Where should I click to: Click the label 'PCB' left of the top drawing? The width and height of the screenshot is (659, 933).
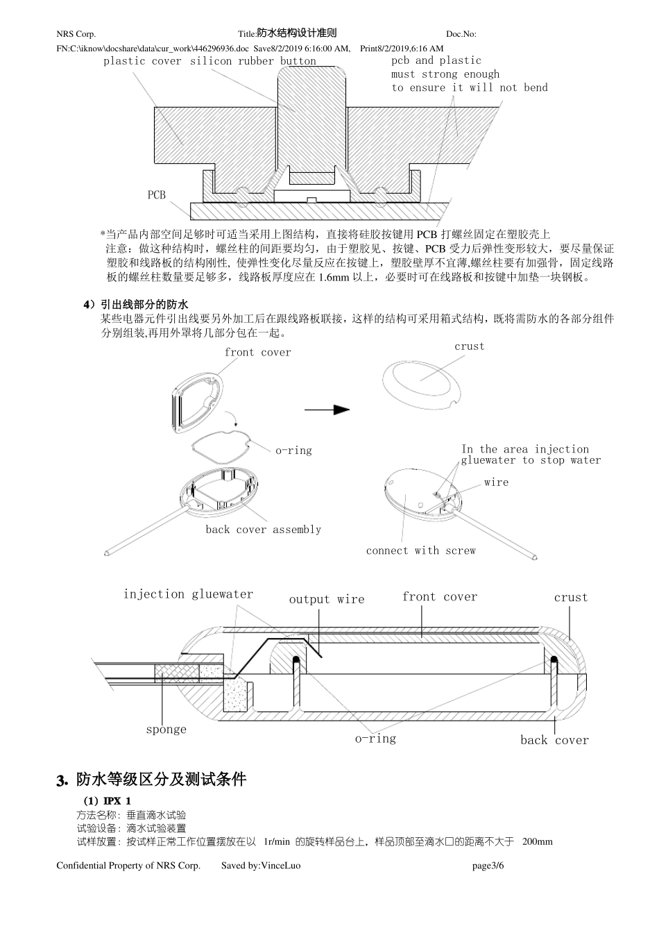[x=157, y=195]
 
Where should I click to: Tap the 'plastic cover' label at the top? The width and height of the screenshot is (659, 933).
[x=142, y=61]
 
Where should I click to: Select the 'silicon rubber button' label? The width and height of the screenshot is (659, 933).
[x=253, y=61]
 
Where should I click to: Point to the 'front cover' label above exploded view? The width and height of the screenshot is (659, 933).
[x=257, y=353]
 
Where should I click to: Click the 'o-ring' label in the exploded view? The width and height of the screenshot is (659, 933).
[x=293, y=451]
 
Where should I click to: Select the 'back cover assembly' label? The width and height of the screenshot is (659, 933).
[x=263, y=530]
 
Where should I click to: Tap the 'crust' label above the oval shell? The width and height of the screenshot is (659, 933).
[x=470, y=346]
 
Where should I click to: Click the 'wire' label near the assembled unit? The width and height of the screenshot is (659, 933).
[x=496, y=482]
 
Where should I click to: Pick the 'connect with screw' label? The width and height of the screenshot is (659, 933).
[x=420, y=550]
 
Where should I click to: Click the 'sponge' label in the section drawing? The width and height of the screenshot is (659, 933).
[x=166, y=730]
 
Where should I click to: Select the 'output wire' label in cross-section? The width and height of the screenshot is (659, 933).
[x=326, y=600]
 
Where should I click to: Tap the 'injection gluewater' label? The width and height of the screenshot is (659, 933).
[x=188, y=594]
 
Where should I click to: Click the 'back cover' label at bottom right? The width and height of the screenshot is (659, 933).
[x=554, y=740]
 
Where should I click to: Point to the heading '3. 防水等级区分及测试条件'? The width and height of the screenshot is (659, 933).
[x=151, y=779]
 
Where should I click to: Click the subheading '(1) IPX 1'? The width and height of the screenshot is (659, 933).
[x=107, y=801]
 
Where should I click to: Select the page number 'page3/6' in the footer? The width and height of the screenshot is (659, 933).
[x=488, y=866]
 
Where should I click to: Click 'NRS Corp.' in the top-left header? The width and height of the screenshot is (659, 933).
[x=76, y=34]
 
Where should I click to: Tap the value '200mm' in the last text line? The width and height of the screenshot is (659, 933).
[x=537, y=842]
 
